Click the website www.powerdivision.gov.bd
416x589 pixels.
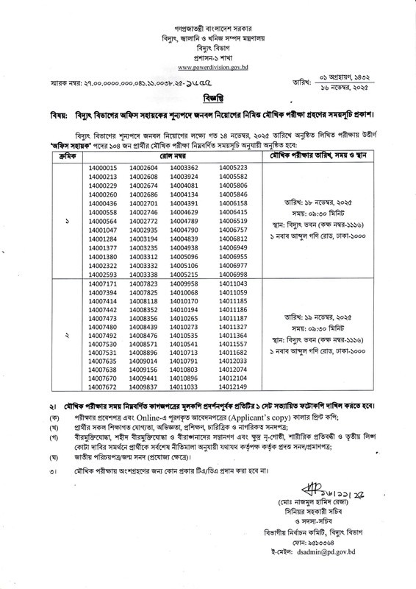(207, 68)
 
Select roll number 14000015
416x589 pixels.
(102, 169)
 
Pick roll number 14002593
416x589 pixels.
(102, 274)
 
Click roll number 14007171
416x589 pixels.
(102, 283)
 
